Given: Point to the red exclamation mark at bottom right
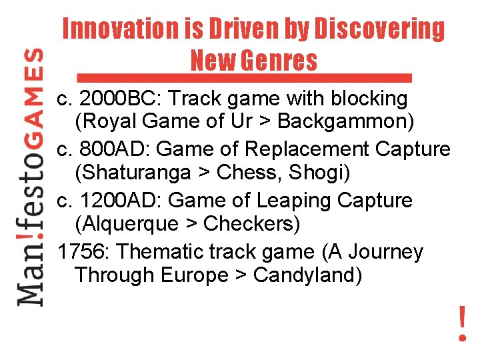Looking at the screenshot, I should click(x=462, y=324).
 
